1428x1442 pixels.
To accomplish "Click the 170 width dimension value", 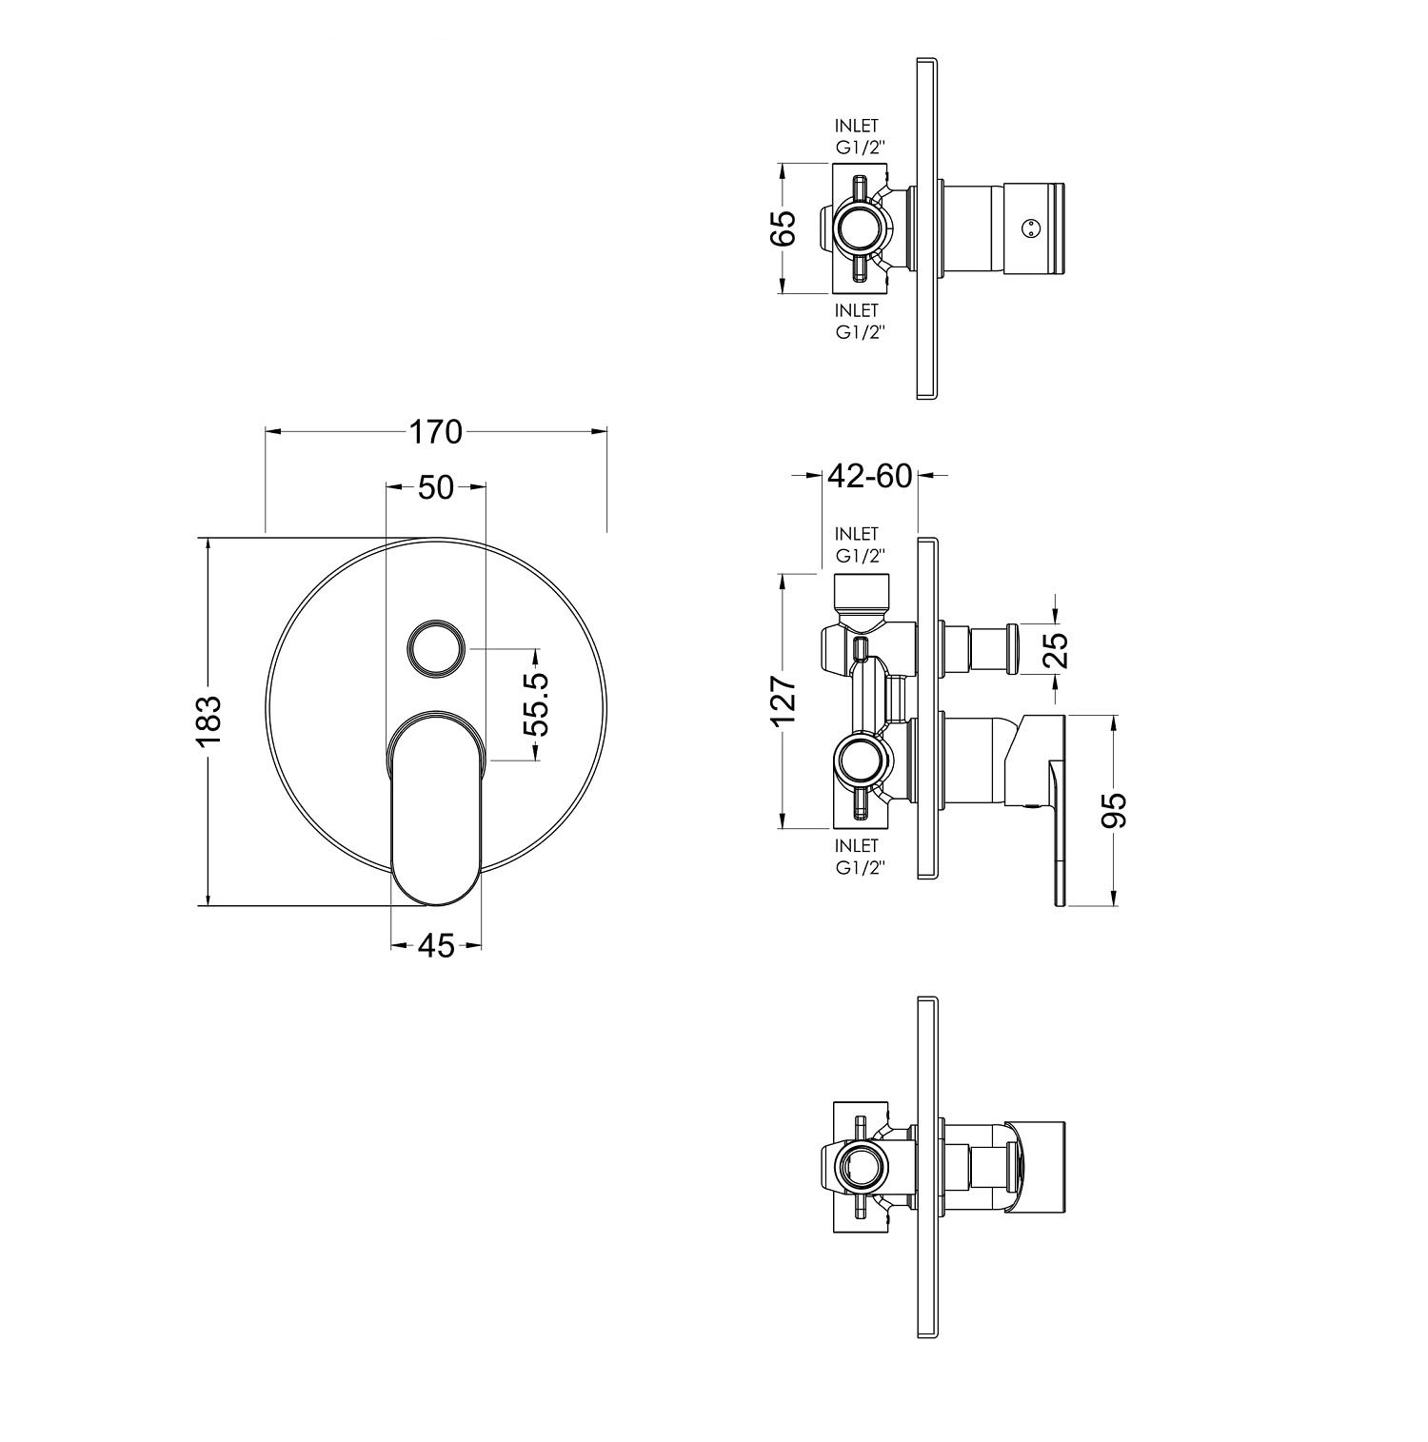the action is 435,432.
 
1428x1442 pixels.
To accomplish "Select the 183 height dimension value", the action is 208,721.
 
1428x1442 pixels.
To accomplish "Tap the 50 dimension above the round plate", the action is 435,487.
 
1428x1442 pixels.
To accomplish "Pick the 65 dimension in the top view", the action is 783,229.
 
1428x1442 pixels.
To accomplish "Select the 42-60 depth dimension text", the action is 870,475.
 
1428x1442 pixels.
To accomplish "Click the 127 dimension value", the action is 783,701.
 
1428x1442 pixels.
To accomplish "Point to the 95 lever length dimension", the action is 1114,810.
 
